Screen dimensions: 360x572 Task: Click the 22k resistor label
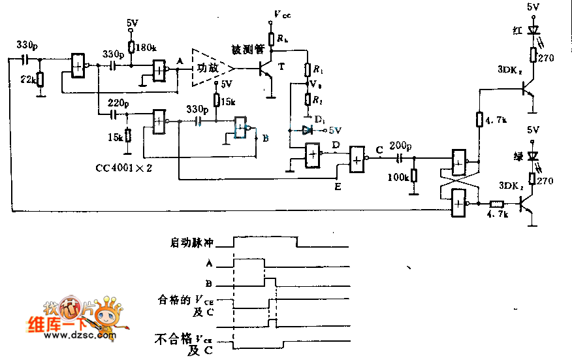pos(27,80)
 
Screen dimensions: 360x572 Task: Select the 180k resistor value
pos(146,47)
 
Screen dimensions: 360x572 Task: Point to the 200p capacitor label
pos(399,145)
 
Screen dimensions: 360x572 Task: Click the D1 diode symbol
pos(308,130)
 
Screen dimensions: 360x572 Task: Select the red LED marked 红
pos(533,30)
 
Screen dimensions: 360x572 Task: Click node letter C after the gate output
pos(379,149)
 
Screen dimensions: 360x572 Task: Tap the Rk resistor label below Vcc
pos(281,39)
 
